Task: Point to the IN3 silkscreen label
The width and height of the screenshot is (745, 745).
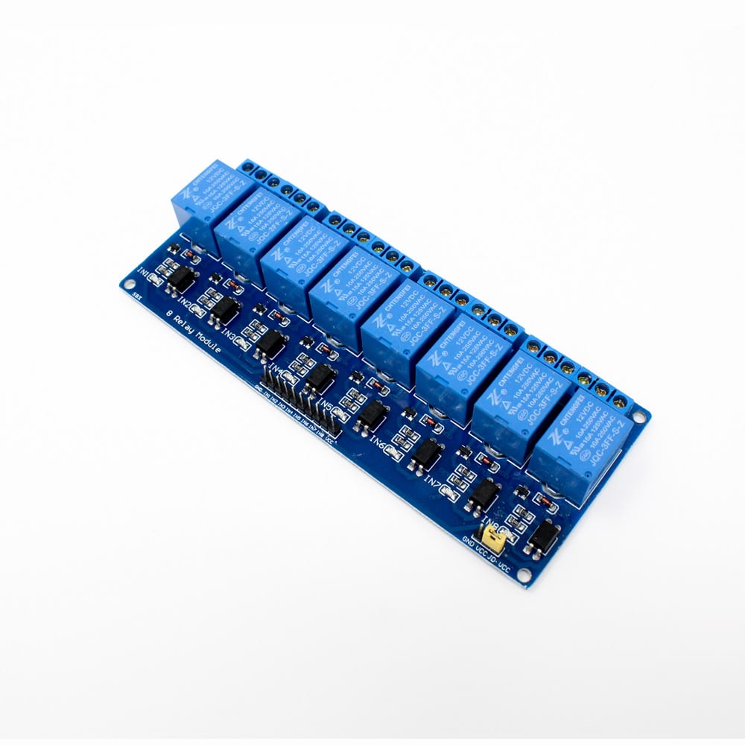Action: click(x=230, y=337)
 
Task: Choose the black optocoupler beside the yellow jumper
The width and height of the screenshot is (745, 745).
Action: click(x=544, y=535)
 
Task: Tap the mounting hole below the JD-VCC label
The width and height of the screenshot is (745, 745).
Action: click(x=526, y=576)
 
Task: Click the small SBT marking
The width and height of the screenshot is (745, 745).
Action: click(x=136, y=295)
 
